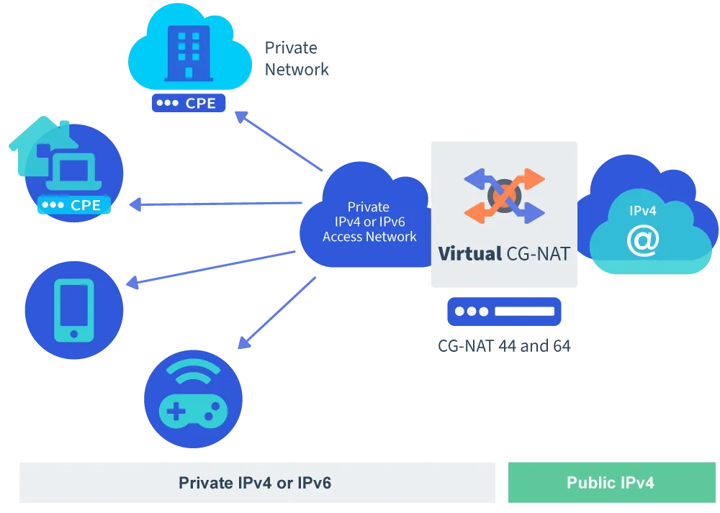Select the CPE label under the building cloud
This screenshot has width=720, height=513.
(x=189, y=103)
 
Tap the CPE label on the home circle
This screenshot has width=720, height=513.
(x=75, y=205)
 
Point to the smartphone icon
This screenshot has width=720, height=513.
(x=74, y=310)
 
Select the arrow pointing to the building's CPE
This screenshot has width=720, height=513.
(x=281, y=141)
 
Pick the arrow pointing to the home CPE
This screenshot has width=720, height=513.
(x=216, y=206)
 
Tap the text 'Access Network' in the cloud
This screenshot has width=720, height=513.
(x=369, y=237)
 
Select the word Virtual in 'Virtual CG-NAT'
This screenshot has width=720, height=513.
(x=469, y=254)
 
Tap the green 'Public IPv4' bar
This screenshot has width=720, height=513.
(x=610, y=483)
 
